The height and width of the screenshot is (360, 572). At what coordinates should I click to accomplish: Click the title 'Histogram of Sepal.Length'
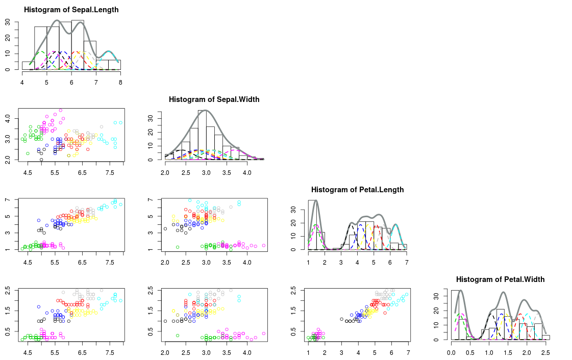tap(71, 10)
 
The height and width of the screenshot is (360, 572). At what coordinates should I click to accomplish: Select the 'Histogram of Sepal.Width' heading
tap(214, 99)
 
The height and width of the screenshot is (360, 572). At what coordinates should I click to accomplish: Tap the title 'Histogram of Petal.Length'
tap(357, 190)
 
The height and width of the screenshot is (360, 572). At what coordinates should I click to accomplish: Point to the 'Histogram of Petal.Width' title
tap(500, 279)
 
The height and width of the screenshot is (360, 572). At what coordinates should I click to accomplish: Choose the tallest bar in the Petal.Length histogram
tap(312, 225)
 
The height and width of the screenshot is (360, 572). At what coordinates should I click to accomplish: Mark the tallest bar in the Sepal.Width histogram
tap(202, 135)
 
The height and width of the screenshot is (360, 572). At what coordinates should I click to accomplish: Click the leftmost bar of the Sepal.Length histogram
tap(28, 66)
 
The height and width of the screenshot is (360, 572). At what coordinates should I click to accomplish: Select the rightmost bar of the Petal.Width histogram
tap(545, 337)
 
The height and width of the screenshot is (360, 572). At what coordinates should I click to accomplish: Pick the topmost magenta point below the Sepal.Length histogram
tap(60, 110)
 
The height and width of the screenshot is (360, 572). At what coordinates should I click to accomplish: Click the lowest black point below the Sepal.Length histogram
tap(41, 160)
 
